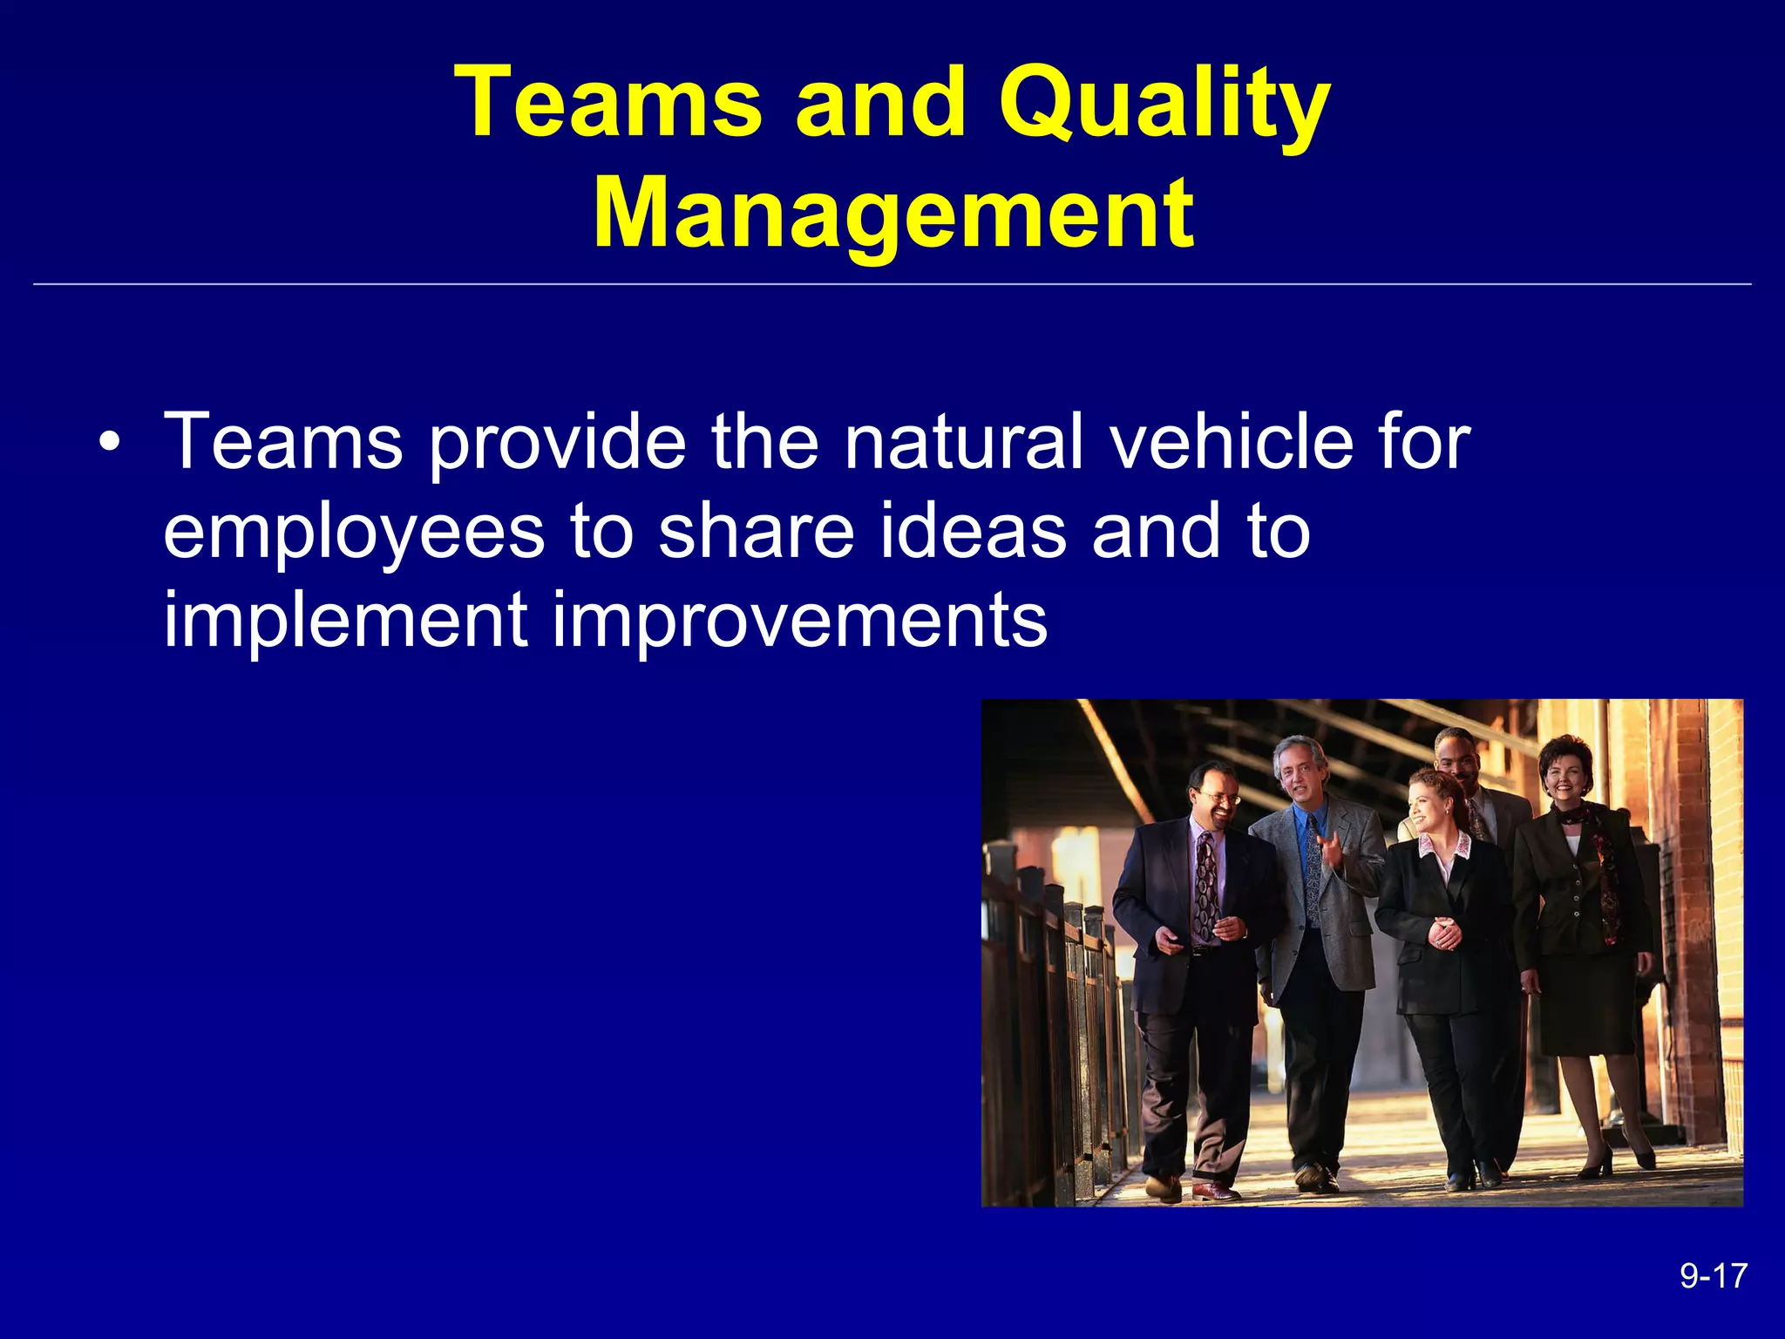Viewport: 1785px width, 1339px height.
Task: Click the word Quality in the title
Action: click(1164, 105)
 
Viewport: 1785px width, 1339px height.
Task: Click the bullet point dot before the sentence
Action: click(108, 443)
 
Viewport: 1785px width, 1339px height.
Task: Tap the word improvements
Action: click(800, 621)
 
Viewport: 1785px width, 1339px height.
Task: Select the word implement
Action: click(345, 621)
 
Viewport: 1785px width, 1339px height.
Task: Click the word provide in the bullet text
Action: click(558, 443)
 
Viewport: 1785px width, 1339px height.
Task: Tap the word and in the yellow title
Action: click(880, 105)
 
